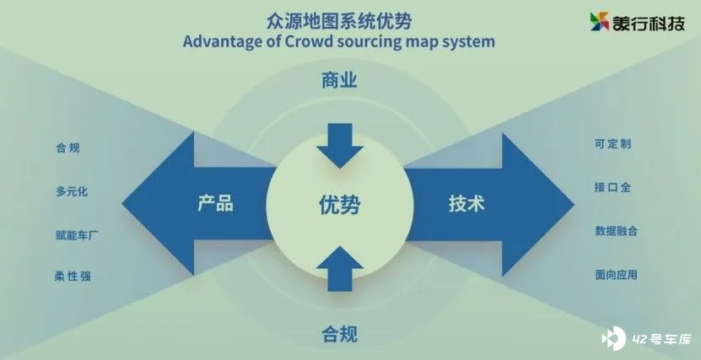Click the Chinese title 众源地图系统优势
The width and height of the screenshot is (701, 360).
coord(339,21)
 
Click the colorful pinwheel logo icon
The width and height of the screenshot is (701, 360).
coord(600,21)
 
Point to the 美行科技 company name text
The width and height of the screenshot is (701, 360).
coord(649,22)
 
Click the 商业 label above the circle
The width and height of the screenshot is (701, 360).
coord(339,81)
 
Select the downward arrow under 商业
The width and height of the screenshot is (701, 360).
coord(340,146)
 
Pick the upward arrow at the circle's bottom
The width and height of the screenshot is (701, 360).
coord(340,269)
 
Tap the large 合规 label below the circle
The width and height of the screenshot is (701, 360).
coord(339,334)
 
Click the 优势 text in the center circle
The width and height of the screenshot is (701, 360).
coord(339,205)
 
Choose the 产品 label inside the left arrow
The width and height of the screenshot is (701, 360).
coord(215,204)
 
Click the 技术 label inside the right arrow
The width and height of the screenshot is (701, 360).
coord(466,204)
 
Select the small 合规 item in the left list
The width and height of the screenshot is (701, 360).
coord(68,148)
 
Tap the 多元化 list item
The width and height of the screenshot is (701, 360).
coord(72,191)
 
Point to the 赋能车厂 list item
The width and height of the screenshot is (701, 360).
coord(77,235)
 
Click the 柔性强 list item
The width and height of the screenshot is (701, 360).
coord(73,277)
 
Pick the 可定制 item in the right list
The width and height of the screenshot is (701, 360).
coord(612,144)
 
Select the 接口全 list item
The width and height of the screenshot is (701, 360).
coord(612,187)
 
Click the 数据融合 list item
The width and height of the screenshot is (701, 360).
coord(616,231)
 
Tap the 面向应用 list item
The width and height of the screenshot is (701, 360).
coord(616,275)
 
